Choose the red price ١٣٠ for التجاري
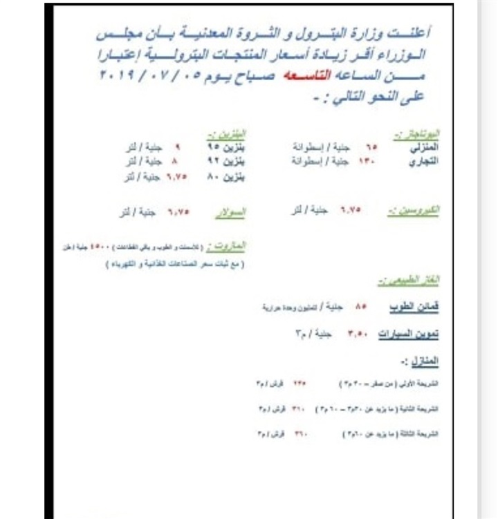367,162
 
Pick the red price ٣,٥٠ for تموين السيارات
356,334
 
